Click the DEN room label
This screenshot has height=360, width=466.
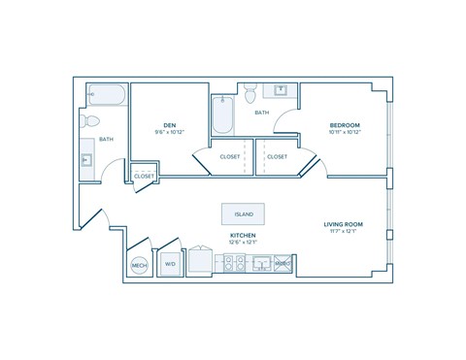pos(170,124)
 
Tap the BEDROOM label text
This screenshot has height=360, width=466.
pos(345,125)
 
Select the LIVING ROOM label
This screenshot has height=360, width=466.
pos(343,224)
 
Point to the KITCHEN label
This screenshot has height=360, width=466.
pos(242,235)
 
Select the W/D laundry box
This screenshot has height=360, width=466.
pos(170,263)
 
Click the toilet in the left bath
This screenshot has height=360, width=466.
pos(92,122)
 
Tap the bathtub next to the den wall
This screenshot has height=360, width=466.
pos(222,115)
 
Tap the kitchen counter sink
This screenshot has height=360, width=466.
pos(260,263)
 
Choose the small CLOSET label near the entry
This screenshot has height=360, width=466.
pos(144,176)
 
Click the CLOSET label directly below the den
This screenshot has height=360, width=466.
pos(230,155)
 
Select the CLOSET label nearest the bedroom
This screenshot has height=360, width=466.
pos(278,155)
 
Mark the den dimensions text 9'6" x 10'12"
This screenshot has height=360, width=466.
pos(170,132)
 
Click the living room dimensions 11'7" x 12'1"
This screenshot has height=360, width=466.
pos(343,232)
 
